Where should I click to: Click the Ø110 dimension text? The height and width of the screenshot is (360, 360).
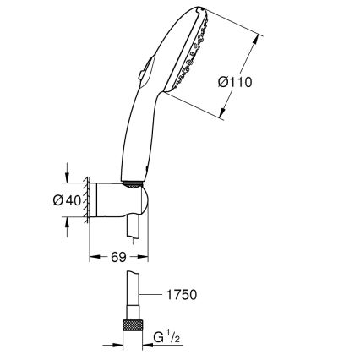(237, 82)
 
